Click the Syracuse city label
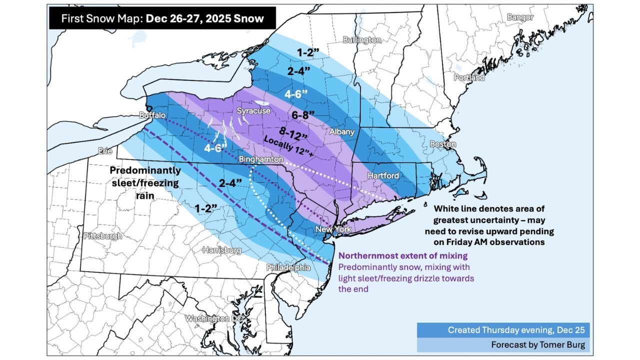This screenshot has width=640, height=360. click(x=253, y=110)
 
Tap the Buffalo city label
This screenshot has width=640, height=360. click(x=152, y=115)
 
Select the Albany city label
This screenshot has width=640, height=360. click(x=342, y=132)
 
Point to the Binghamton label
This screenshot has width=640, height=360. click(x=261, y=159)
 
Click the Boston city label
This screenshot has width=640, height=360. click(x=443, y=144)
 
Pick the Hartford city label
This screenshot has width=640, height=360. click(x=383, y=175)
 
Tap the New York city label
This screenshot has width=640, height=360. click(x=333, y=229)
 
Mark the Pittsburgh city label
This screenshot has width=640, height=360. click(x=103, y=235)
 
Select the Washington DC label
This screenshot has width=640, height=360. click(x=214, y=318)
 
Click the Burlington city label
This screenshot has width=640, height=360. click(x=362, y=40)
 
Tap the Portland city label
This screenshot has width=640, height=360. click(x=469, y=78)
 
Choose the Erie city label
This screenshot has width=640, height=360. click(x=105, y=149)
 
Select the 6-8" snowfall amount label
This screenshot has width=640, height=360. click(x=303, y=115)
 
